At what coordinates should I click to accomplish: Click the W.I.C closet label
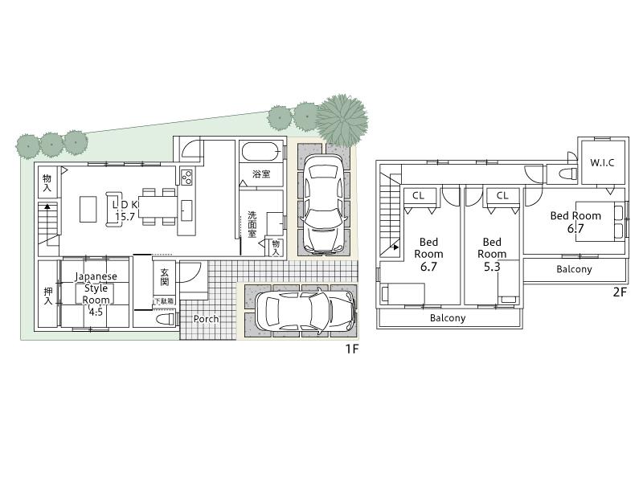click(602, 163)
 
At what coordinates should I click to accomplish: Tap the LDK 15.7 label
click(126, 210)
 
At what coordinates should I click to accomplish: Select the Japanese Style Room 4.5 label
click(96, 294)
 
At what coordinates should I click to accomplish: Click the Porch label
click(207, 319)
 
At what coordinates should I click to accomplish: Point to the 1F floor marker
click(351, 350)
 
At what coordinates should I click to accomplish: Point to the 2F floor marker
click(619, 292)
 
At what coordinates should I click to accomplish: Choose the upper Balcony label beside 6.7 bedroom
click(574, 269)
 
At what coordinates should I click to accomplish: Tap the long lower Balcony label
click(448, 318)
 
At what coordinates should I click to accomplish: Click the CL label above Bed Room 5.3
click(502, 195)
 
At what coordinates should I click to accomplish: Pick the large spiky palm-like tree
click(342, 118)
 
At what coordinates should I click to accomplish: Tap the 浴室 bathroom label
click(261, 174)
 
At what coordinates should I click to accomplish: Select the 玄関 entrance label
click(164, 277)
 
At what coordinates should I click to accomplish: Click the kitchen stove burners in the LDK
click(186, 176)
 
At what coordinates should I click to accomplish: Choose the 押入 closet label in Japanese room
click(47, 296)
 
